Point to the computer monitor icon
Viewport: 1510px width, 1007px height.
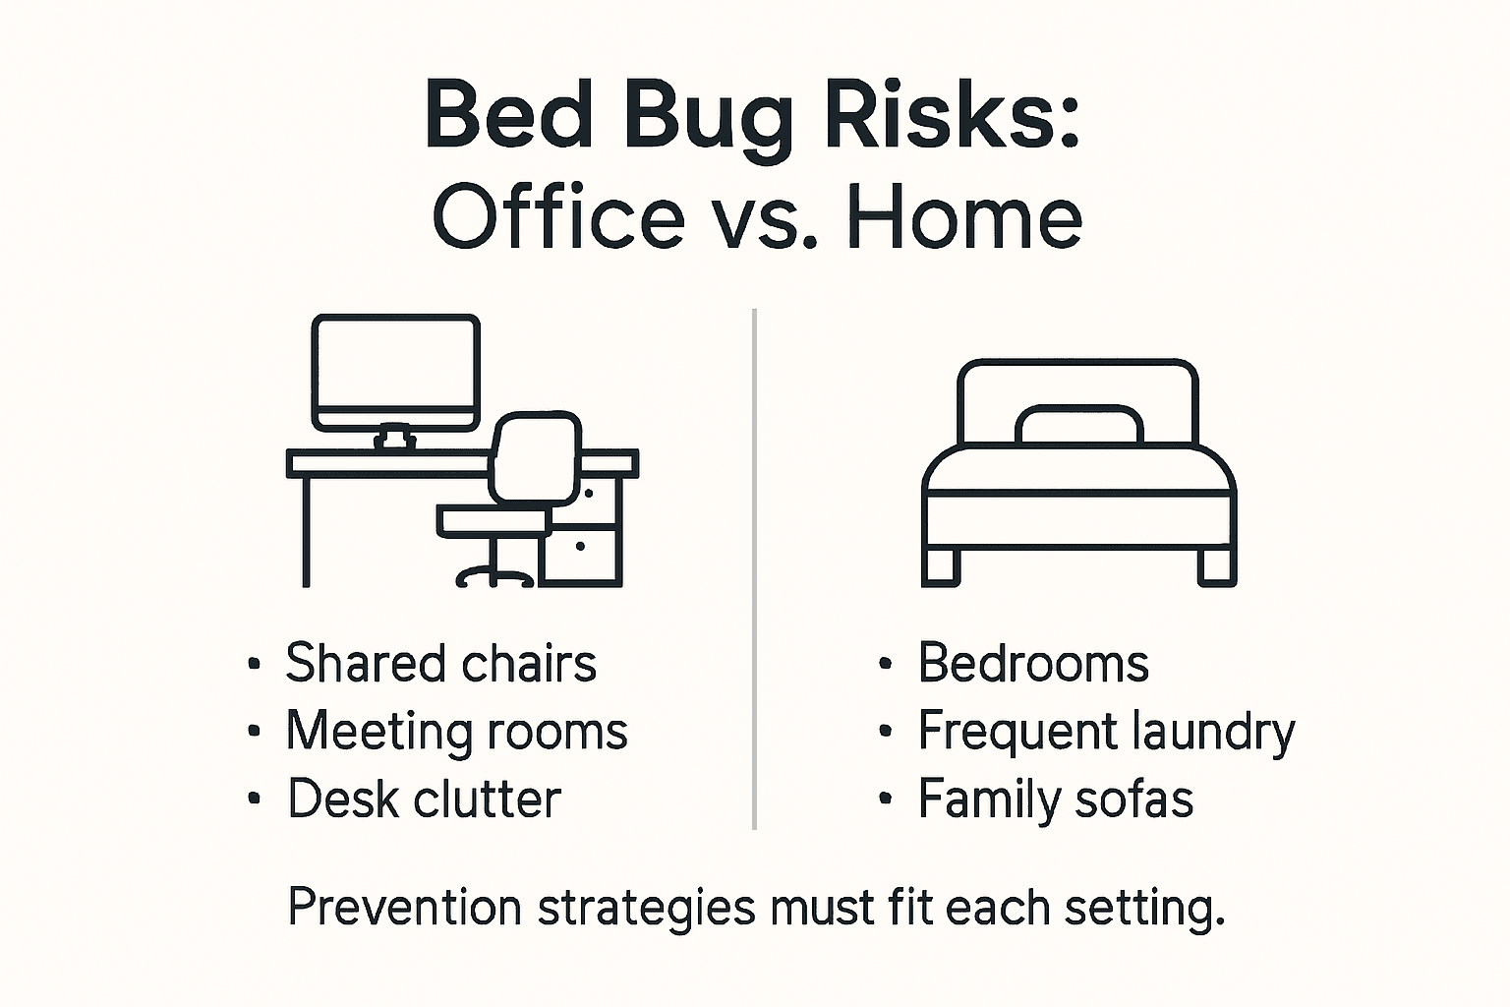click(x=395, y=372)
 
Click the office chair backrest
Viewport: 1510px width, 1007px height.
click(x=536, y=457)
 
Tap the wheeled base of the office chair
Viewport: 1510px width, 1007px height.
click(x=494, y=576)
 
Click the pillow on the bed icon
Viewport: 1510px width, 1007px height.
click(x=1078, y=425)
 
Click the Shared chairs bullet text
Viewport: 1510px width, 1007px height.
click(x=440, y=663)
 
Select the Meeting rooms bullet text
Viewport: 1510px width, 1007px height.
click(x=456, y=732)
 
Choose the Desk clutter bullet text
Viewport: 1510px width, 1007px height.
click(x=424, y=799)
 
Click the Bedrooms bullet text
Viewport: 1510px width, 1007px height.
click(x=1033, y=663)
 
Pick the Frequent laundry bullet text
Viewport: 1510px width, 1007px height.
click(x=1106, y=732)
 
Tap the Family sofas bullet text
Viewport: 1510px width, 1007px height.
click(x=1055, y=799)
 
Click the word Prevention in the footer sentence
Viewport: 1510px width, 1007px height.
click(x=404, y=907)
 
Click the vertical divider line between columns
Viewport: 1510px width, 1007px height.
click(x=754, y=570)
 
